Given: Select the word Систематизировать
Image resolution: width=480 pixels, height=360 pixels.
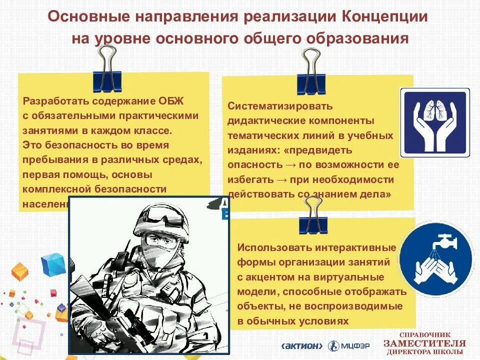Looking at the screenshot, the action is pos(279,106).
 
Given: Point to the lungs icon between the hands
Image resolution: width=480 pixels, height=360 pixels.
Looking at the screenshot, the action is pos(434,112).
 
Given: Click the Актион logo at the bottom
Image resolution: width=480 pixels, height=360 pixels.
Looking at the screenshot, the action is pos(303,345).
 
